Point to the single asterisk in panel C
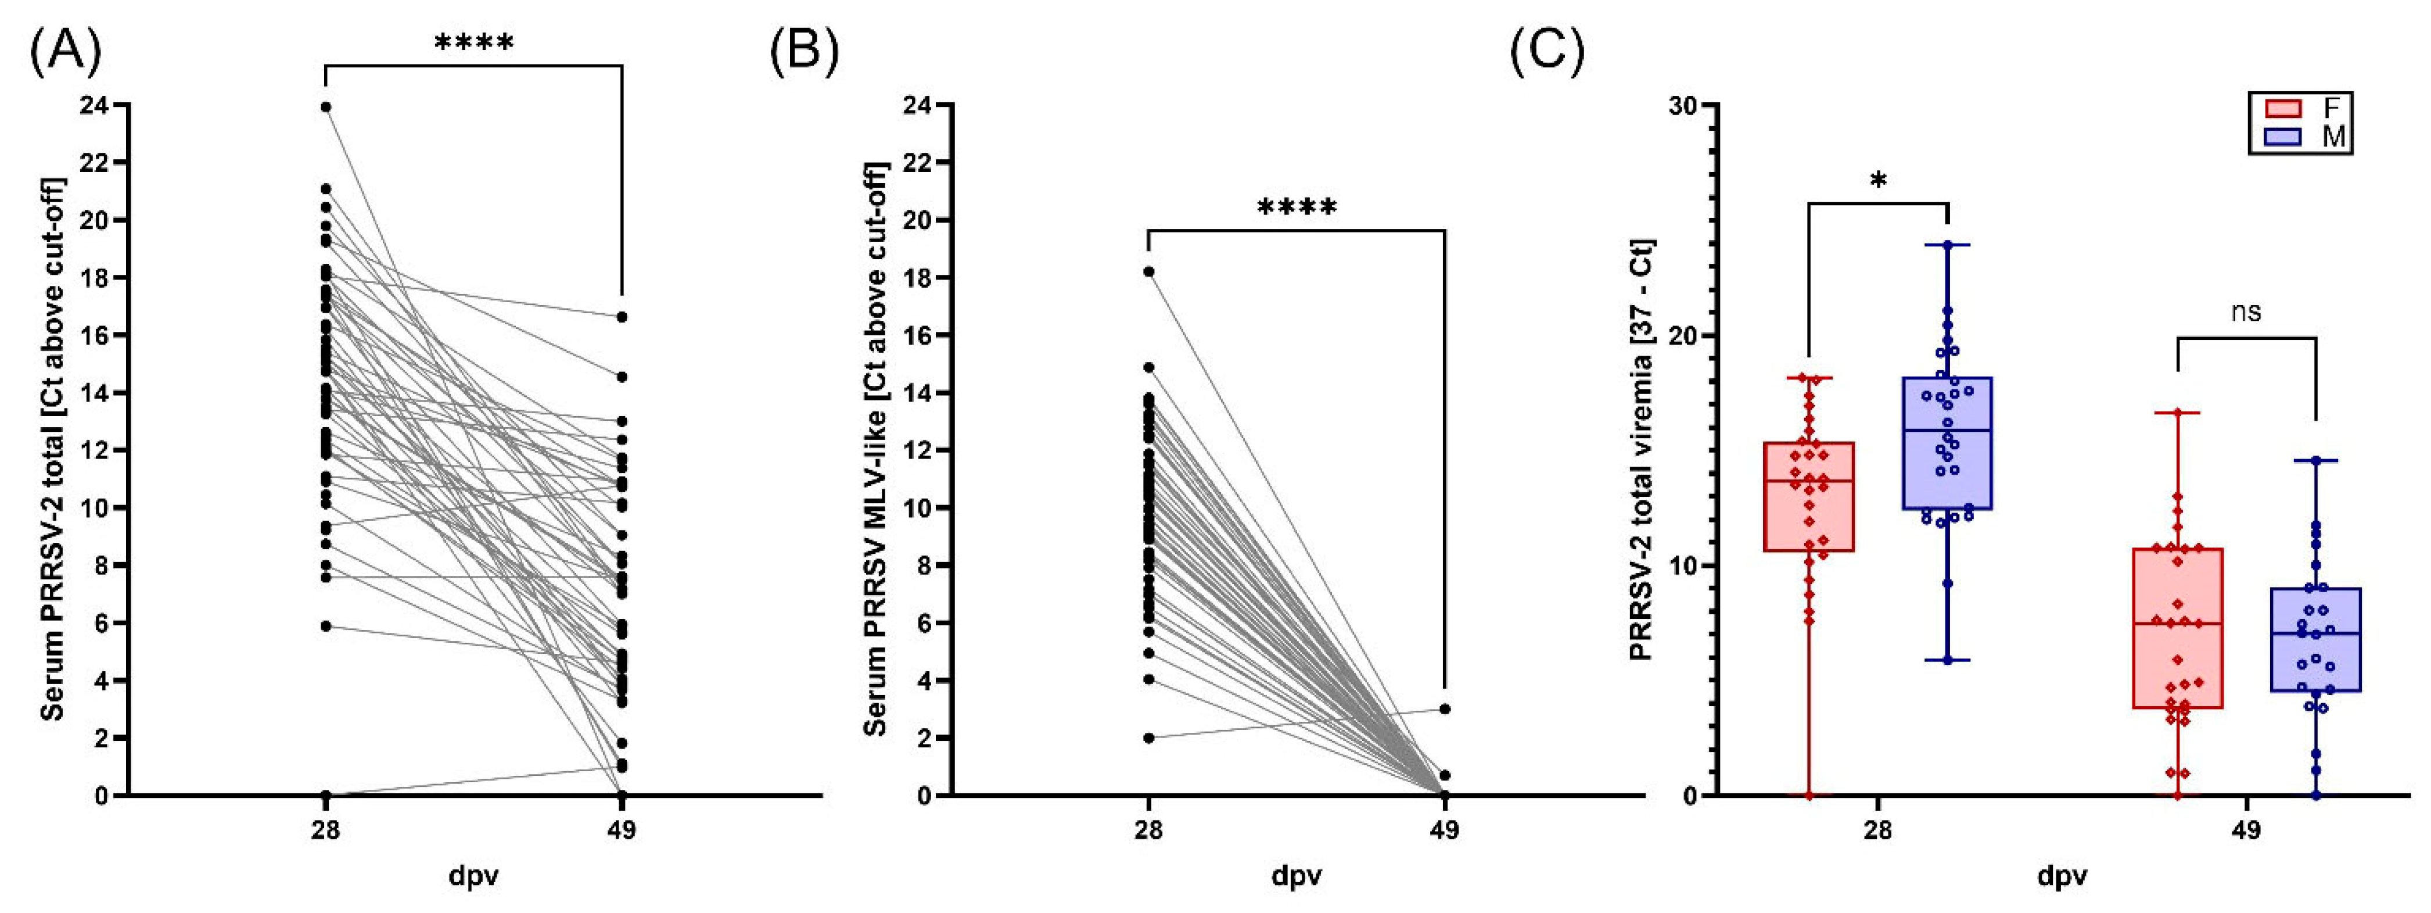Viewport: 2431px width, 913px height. click(x=1878, y=181)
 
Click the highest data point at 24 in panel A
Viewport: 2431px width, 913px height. click(x=325, y=108)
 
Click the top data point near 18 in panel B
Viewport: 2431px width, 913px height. click(x=1148, y=272)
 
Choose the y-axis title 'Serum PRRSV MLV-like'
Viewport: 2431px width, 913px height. click(x=876, y=449)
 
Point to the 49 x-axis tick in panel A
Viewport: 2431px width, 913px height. click(x=621, y=831)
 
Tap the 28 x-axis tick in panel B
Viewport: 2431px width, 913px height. click(x=1148, y=831)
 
